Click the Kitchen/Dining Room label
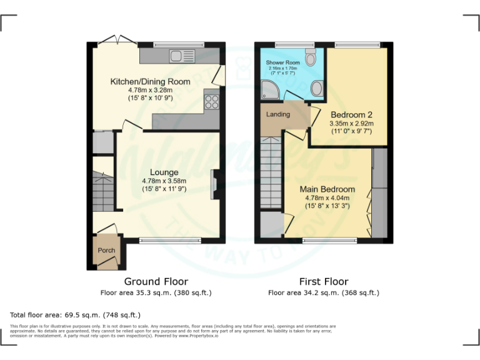pos(150,82)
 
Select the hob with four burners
pos(211,101)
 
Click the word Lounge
pos(164,172)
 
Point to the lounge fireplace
pos(214,184)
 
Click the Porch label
pos(106,251)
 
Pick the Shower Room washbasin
pos(317,89)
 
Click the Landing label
pos(277,115)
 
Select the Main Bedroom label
pos(327,189)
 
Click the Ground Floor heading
pos(156,282)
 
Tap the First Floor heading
pos(323,282)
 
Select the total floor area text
pos(76,315)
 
